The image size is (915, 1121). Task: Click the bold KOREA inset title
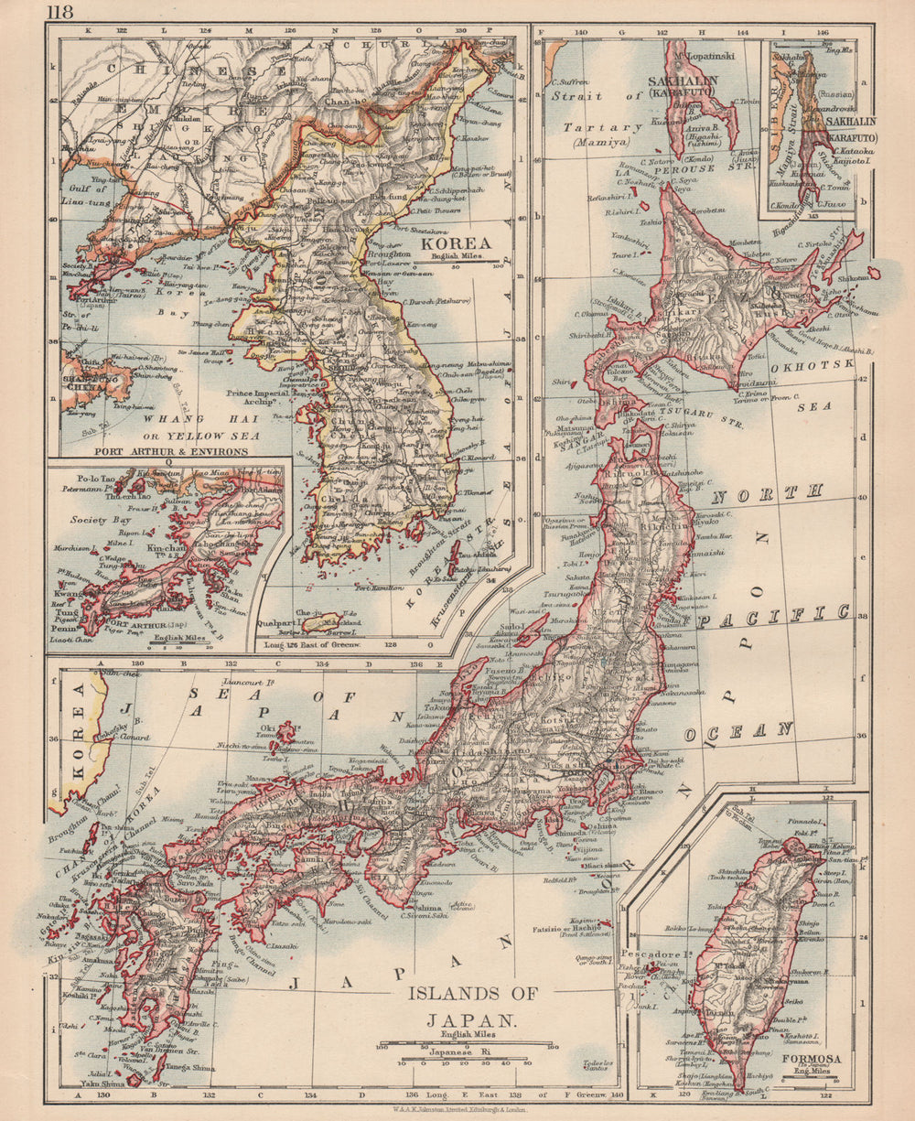[x=465, y=243]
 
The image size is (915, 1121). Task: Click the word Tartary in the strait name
[x=597, y=127]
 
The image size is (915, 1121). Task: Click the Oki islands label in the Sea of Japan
[x=268, y=729]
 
